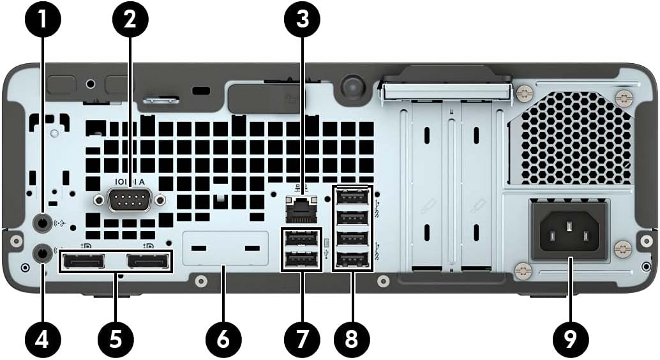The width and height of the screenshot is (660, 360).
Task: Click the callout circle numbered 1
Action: click(x=43, y=20)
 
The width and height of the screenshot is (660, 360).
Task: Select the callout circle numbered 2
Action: click(x=130, y=20)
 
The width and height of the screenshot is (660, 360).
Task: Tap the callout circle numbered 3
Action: click(x=302, y=20)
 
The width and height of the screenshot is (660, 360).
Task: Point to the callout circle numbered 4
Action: click(x=43, y=338)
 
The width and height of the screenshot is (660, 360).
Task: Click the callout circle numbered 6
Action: click(x=222, y=338)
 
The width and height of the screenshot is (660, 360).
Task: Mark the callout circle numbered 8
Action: click(x=352, y=338)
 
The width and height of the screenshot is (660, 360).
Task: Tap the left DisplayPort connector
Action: click(x=83, y=262)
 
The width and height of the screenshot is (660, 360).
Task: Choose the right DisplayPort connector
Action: click(x=148, y=262)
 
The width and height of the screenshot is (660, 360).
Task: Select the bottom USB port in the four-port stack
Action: click(x=353, y=260)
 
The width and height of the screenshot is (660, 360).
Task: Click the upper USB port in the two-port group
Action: click(x=301, y=239)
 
